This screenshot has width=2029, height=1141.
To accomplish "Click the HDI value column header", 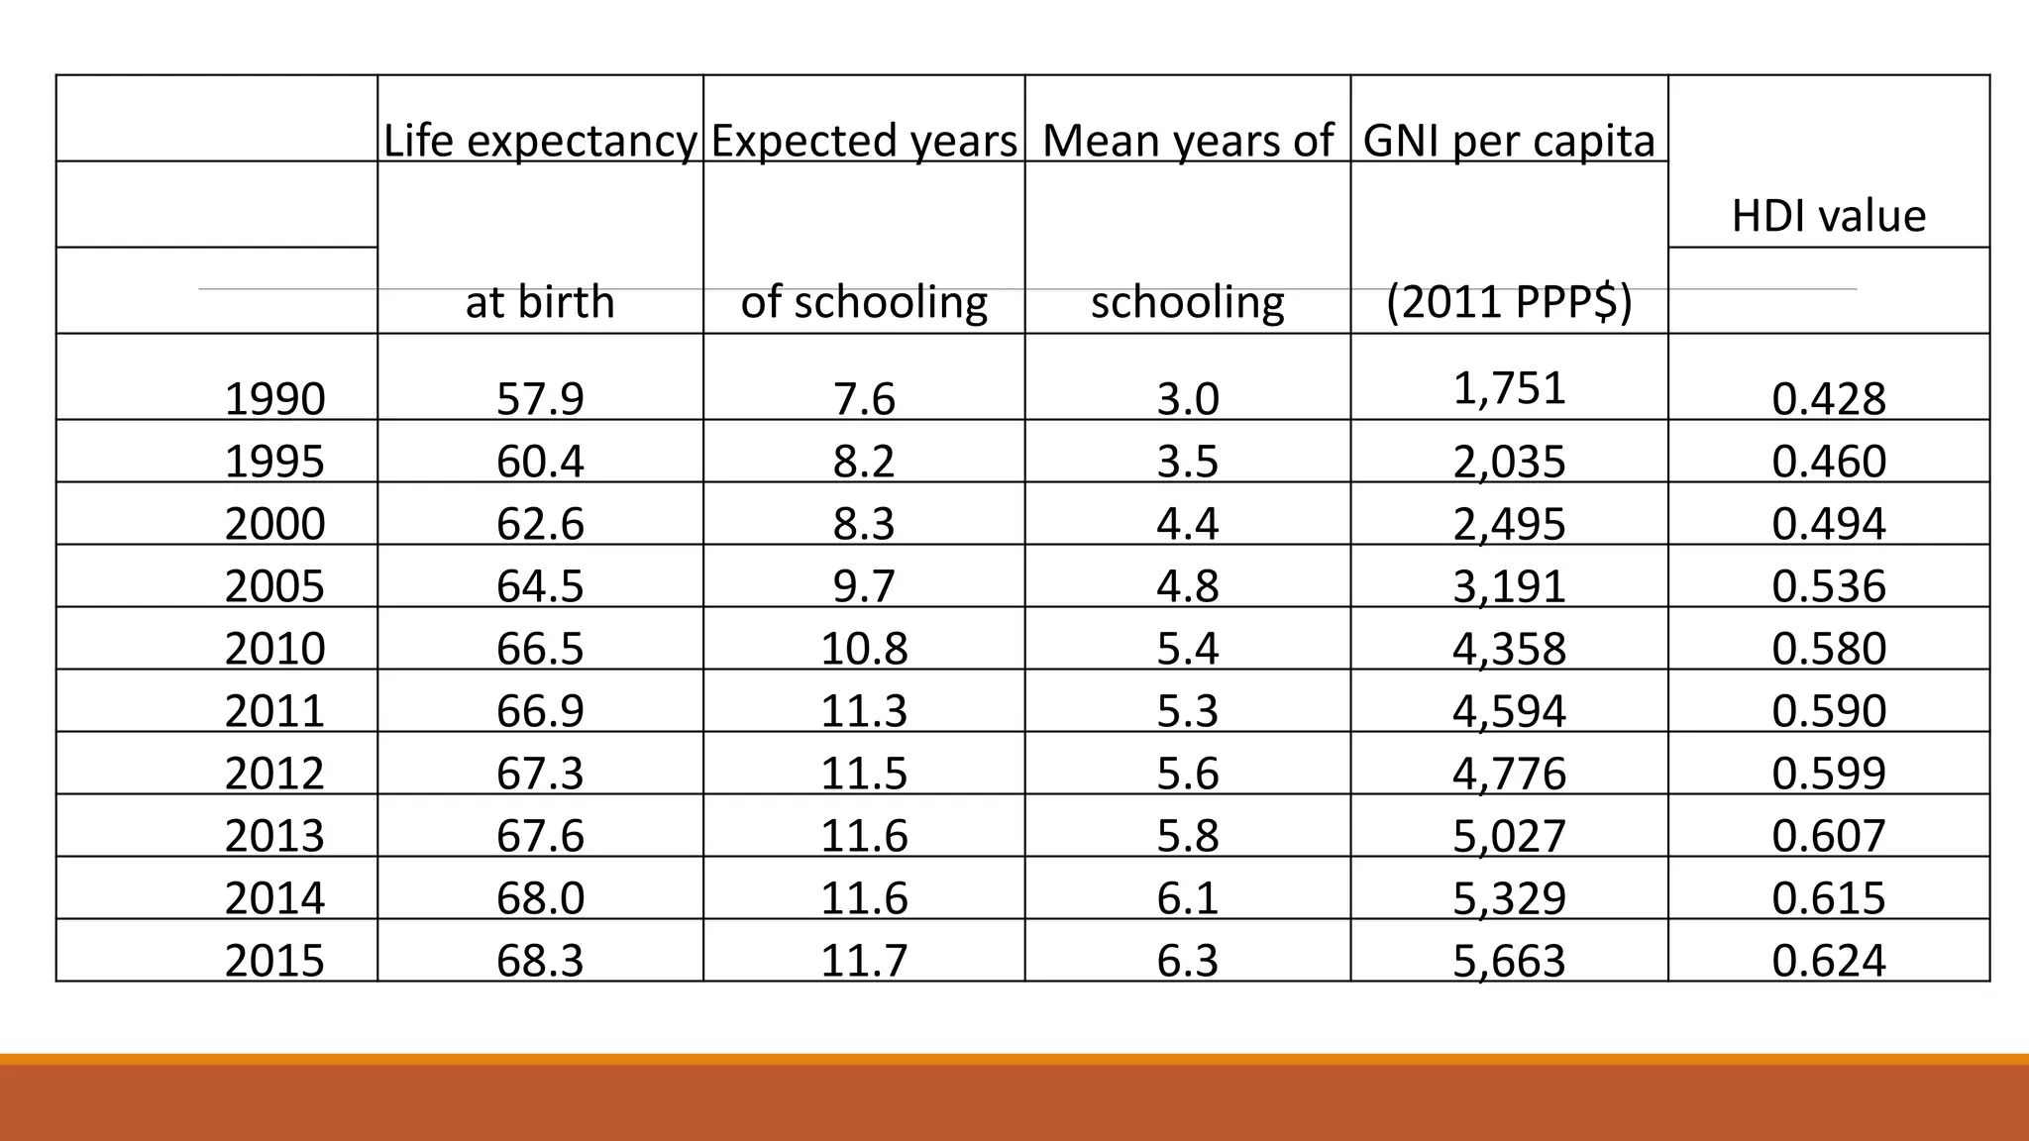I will [1828, 216].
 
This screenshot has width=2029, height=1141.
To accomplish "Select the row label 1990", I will [274, 399].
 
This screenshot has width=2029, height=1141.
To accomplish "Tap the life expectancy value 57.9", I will [540, 399].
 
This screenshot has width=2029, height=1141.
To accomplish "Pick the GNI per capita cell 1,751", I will [1509, 388].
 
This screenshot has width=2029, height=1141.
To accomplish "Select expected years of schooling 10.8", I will [864, 649].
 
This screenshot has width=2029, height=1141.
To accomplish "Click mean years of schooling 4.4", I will [1187, 524].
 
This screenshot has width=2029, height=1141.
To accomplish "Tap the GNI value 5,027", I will [1509, 836].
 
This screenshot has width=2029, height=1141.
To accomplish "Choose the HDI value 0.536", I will [1828, 586].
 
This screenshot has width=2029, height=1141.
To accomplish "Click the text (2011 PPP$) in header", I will [1509, 302].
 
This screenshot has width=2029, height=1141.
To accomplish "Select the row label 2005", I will [274, 586].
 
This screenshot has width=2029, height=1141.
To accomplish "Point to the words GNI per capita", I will [1509, 141].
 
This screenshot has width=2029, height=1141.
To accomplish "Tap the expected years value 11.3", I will [864, 711].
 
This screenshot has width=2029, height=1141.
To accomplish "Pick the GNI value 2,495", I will [1509, 524].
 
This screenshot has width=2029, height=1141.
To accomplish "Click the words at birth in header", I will [540, 302].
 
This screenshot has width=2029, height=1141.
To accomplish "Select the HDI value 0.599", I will [1828, 774].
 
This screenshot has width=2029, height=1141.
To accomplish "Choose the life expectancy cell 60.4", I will [540, 462].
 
